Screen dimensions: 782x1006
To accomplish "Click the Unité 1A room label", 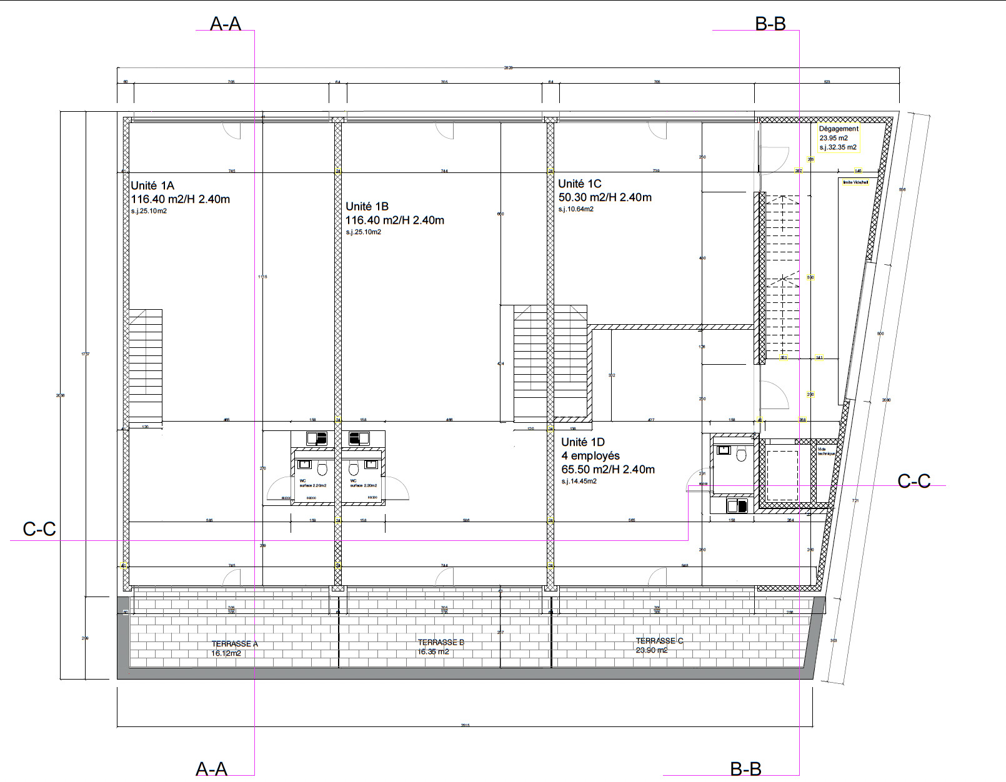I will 152,186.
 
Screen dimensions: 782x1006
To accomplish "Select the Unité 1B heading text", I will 367,206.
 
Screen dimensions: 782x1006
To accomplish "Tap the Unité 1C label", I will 580,184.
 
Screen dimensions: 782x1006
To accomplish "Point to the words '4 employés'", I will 590,456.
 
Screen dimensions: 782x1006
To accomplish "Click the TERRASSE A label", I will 234,644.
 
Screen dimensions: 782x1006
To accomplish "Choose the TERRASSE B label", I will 441,643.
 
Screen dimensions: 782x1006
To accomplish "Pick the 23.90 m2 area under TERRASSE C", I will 651,650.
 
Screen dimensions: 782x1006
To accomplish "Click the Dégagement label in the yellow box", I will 839,129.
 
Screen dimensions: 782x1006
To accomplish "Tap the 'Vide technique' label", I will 825,451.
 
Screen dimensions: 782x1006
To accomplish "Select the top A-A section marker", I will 226,24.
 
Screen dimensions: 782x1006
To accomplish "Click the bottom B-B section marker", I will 746,769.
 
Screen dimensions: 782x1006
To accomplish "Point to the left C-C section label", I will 39,530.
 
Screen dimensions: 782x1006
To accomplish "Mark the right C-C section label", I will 914,481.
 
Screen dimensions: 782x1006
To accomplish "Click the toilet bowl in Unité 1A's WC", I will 322,468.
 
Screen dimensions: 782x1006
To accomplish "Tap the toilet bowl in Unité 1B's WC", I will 353,468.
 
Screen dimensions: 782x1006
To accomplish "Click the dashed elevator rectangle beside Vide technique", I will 782,475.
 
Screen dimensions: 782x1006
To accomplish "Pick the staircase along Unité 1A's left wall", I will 146,365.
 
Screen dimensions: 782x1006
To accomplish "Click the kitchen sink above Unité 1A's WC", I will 317,438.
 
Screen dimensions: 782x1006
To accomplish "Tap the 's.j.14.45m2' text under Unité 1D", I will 579,482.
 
